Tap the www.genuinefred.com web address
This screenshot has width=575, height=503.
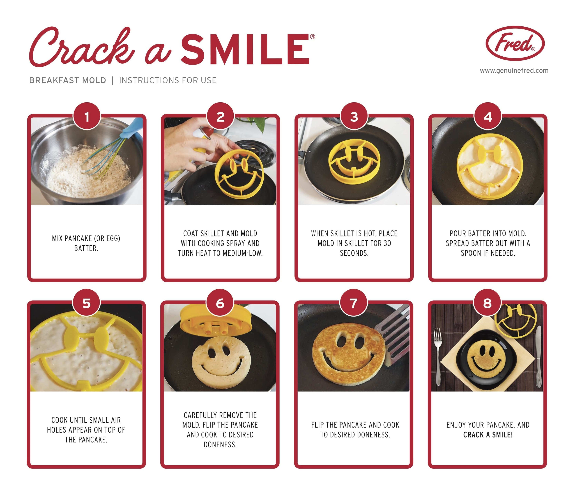(x=514, y=70)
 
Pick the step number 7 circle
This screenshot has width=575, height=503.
(x=354, y=303)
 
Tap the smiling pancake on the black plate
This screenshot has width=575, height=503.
(x=488, y=359)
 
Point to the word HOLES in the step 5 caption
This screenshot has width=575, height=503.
(x=57, y=430)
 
